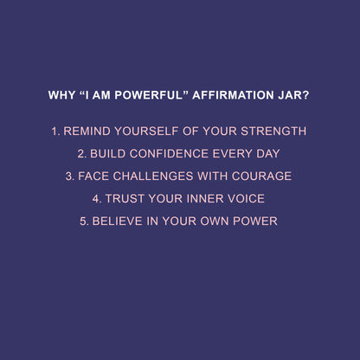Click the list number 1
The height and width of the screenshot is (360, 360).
[x=55, y=132]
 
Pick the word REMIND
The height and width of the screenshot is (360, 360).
[x=87, y=132]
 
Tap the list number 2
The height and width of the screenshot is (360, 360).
[x=80, y=154]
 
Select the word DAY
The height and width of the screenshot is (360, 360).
[x=267, y=154]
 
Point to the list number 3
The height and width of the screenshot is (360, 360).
[x=69, y=177]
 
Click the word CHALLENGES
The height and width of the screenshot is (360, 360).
[x=154, y=177]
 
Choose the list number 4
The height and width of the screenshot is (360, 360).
[x=97, y=199]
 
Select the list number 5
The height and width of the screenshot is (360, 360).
[x=83, y=222]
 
